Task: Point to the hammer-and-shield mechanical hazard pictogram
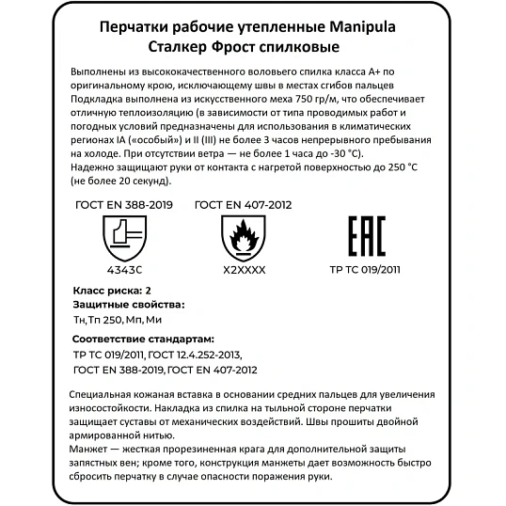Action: coord(122,236)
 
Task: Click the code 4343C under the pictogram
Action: coord(122,268)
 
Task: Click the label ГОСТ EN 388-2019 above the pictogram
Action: coord(122,204)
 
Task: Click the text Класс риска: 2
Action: coord(111,291)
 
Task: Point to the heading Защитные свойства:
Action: coord(128,305)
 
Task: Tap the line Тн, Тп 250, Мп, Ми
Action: coord(122,321)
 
